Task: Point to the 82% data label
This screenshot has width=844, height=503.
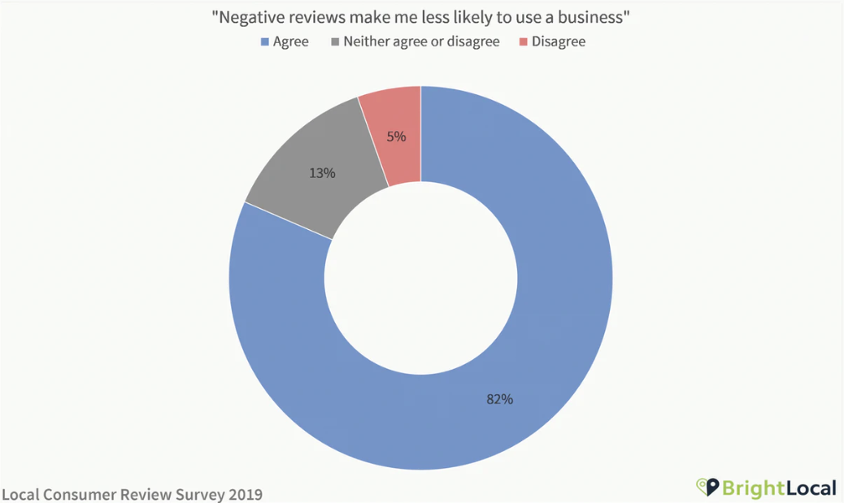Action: click(499, 399)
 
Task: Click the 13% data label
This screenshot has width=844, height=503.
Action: click(322, 172)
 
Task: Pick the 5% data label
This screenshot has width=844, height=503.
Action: click(396, 137)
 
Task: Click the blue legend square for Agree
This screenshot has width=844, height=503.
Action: click(263, 41)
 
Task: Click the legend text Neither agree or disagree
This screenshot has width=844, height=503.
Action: click(421, 41)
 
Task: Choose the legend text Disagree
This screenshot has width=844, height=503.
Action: click(559, 41)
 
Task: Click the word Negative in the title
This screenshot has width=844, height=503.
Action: click(252, 18)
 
